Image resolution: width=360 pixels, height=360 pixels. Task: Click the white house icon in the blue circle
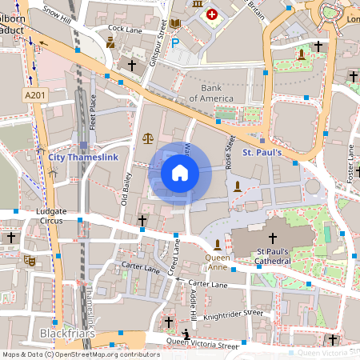click(180, 173)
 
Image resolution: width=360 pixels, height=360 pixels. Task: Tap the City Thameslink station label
click(83, 158)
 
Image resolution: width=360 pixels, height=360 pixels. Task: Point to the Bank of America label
click(210, 93)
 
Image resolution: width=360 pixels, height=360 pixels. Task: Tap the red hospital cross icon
click(212, 14)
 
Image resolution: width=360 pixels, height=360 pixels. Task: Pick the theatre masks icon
click(30, 260)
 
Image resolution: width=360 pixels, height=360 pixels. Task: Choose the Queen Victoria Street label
click(202, 343)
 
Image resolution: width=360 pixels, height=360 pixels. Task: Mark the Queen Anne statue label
click(218, 258)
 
